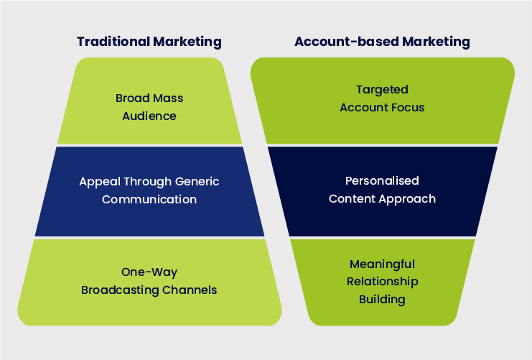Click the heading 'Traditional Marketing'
click(149, 42)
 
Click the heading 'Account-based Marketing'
click(382, 42)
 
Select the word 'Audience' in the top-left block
click(149, 115)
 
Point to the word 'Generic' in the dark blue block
click(195, 182)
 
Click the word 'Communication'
click(149, 199)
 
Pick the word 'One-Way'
click(149, 272)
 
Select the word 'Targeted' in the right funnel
click(382, 90)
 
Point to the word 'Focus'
click(408, 108)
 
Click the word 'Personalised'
click(382, 181)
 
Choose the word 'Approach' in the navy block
click(407, 199)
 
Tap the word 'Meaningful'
click(382, 264)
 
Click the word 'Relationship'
click(382, 281)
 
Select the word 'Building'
click(382, 299)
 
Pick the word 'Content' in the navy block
click(351, 199)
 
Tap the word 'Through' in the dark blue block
click(145, 182)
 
